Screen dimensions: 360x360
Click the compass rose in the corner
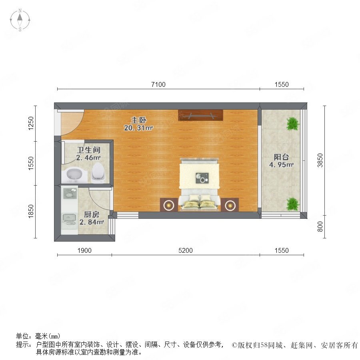tap(20, 20)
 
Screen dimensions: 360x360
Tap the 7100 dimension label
tap(158, 84)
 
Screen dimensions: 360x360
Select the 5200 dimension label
tap(186, 250)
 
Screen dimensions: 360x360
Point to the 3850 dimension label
tap(320, 160)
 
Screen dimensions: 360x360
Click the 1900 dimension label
tap(84, 250)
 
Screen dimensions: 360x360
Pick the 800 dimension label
tap(320, 227)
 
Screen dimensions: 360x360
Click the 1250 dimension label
tap(31, 123)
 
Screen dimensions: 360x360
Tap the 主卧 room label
tap(138, 120)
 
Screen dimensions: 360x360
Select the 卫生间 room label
tap(89, 150)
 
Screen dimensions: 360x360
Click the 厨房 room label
tap(91, 214)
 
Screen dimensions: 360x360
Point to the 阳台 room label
tap(281, 157)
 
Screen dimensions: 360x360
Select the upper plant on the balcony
tap(293, 124)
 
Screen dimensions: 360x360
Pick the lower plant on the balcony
tap(293, 204)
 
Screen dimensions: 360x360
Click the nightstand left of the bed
tap(169, 205)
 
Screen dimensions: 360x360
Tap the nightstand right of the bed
tap(230, 205)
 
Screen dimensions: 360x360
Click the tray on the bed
tap(202, 178)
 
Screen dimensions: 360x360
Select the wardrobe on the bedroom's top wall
tap(200, 115)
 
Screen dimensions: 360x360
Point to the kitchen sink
tap(69, 220)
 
